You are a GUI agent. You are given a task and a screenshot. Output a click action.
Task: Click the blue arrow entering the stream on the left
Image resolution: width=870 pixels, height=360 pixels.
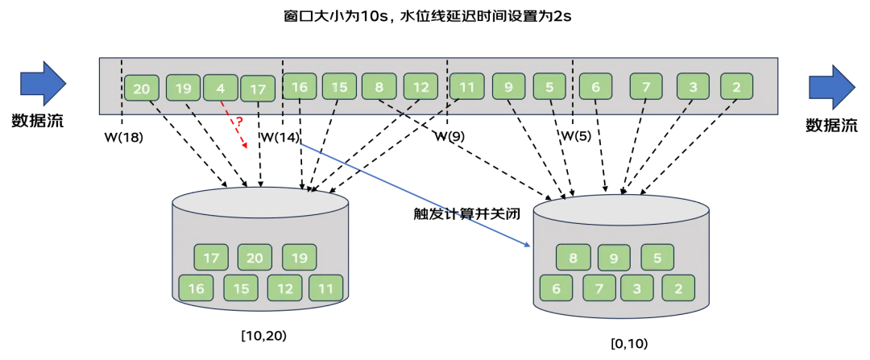point(43,84)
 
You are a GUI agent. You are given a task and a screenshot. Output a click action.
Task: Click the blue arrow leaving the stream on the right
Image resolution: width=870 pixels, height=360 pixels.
point(831,86)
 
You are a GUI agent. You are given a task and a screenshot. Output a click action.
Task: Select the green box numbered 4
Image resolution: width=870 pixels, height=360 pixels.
point(221,87)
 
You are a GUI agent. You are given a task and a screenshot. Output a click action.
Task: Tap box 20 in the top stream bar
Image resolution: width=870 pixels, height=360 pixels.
point(142,89)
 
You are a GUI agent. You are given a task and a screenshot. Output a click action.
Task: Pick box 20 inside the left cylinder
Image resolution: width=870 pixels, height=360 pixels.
point(255,258)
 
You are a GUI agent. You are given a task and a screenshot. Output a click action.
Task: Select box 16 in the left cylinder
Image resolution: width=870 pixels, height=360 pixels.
point(196,288)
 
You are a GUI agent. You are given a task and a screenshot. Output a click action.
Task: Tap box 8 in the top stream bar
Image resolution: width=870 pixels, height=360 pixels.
point(379,86)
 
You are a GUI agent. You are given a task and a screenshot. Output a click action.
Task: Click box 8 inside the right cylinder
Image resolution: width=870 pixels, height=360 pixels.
point(574,258)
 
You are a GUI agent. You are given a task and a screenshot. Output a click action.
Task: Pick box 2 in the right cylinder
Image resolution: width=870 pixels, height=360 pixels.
point(678,288)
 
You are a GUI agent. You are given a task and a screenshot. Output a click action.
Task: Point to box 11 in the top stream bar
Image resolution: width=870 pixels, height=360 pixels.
point(467,86)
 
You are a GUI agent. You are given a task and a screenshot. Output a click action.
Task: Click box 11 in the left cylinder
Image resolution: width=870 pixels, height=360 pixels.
point(326,288)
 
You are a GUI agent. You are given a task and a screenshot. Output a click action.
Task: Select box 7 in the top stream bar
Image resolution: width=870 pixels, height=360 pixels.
point(646,86)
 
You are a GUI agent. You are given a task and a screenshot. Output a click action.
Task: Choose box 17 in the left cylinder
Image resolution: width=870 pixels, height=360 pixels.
point(211,258)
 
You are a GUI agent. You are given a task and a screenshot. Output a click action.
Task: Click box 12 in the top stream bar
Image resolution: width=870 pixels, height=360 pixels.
point(420,86)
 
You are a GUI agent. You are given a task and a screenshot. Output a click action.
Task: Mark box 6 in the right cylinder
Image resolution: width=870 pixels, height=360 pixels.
point(557,288)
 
